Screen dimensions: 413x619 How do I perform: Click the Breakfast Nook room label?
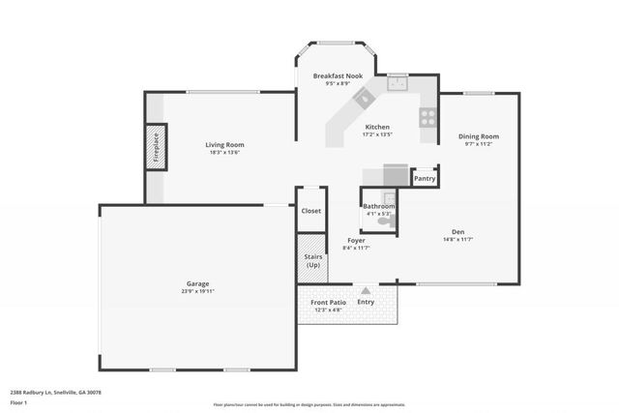tap(338, 75)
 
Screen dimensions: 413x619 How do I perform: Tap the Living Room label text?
tap(222, 145)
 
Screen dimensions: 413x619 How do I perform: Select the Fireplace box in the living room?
tap(157, 147)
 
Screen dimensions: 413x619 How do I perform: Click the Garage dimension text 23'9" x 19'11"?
tap(196, 290)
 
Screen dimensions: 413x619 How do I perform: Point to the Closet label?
tap(311, 210)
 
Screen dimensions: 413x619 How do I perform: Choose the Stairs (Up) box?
tap(311, 261)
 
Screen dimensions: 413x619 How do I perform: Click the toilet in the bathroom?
tap(386, 221)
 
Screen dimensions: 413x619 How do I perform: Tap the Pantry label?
tap(425, 178)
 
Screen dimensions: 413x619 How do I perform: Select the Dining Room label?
tap(478, 136)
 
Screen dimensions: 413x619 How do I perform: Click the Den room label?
tap(458, 230)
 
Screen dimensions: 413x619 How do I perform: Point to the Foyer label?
tap(356, 240)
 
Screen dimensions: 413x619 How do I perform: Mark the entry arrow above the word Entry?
tap(366, 290)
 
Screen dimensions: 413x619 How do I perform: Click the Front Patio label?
tap(328, 303)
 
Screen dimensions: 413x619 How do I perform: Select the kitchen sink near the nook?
tap(398, 83)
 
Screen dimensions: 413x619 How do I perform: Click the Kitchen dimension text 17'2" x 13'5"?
tap(377, 135)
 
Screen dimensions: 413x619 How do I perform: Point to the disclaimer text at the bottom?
tap(309, 404)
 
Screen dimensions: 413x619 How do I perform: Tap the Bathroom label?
tap(378, 206)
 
